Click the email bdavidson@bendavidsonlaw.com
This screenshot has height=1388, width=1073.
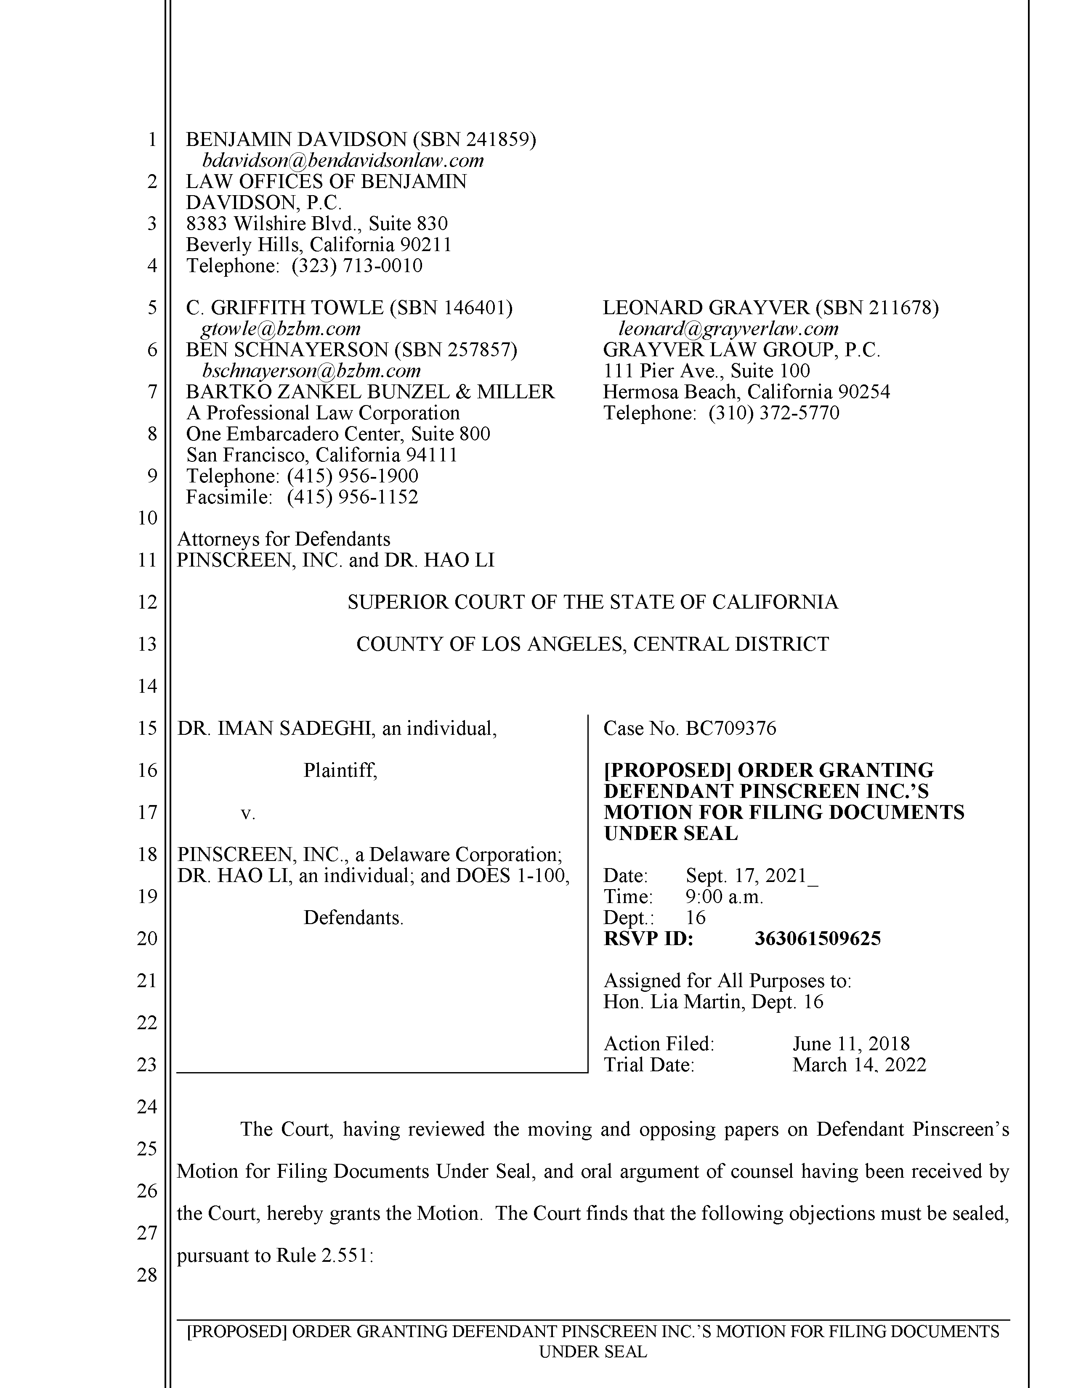coord(343,160)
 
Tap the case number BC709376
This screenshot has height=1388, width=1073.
coord(731,728)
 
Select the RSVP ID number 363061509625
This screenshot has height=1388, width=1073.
coord(818,939)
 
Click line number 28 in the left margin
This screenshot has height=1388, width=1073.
coord(147,1274)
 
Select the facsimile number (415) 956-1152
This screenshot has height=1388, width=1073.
coord(353,497)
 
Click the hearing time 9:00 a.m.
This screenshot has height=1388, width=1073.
coord(725,897)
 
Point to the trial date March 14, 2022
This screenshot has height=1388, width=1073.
coord(859,1065)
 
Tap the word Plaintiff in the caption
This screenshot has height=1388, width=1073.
coord(340,771)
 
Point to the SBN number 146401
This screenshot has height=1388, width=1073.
coord(474,307)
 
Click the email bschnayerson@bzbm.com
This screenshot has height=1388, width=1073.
coord(311,371)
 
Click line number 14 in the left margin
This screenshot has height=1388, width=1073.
coord(147,686)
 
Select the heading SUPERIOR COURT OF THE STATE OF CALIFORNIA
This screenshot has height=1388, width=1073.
coord(592,602)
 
